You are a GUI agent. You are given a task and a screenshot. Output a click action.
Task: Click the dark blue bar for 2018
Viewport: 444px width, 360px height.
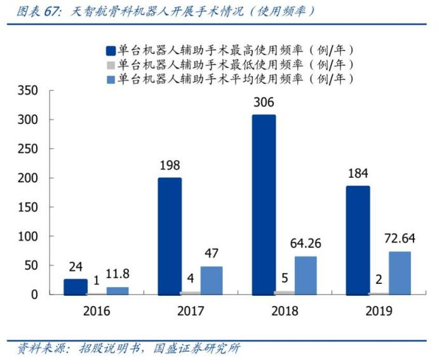tap(264, 204)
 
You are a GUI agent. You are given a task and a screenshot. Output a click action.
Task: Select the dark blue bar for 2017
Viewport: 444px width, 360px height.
tap(170, 236)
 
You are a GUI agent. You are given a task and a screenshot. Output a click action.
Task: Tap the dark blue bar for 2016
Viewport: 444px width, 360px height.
tap(76, 287)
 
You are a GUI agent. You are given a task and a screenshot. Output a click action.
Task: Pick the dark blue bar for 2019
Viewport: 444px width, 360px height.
tap(358, 240)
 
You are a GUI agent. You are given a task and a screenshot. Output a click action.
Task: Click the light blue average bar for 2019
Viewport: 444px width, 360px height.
tap(400, 273)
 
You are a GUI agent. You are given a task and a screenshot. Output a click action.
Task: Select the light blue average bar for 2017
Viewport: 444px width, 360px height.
tap(212, 280)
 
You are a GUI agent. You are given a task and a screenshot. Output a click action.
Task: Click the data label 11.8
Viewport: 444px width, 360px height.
tap(117, 274)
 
